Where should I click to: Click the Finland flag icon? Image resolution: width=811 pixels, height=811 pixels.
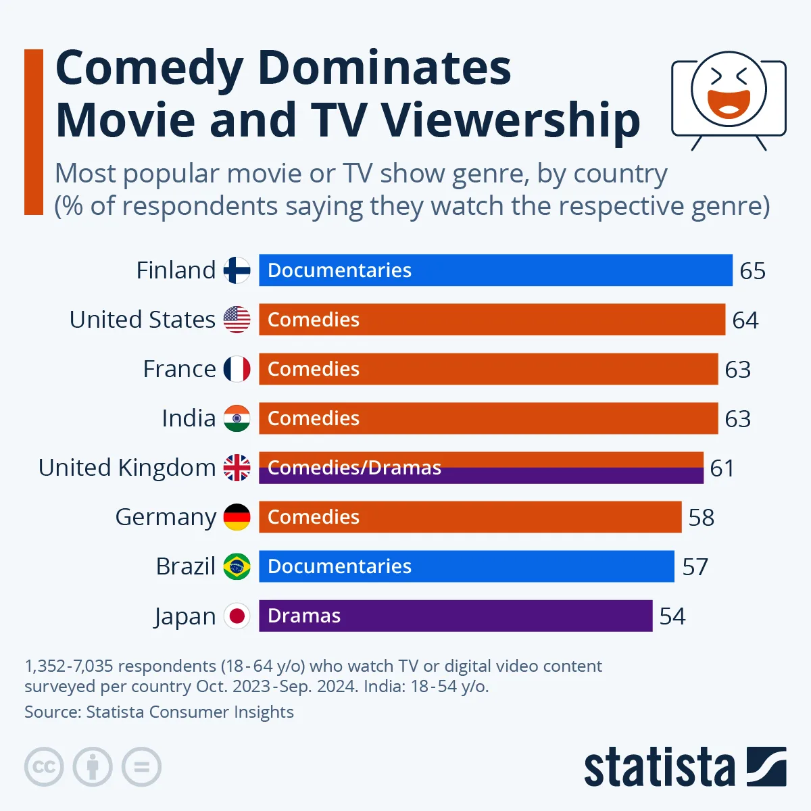[237, 270]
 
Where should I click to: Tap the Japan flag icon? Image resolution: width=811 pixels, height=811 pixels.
[237, 616]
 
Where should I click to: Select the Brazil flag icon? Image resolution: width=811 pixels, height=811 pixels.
[237, 566]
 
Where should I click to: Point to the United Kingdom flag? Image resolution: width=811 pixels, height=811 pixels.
[237, 468]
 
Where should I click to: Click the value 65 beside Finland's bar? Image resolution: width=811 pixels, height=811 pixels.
[752, 271]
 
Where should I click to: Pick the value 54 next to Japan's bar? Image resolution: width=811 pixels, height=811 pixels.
[672, 616]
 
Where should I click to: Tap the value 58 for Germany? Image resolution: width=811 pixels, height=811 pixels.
[701, 518]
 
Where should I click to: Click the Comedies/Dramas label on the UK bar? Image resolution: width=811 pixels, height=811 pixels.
[354, 468]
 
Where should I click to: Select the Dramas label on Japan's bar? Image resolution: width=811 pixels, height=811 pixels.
[304, 616]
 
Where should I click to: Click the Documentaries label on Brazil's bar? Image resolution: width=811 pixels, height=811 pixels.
[339, 566]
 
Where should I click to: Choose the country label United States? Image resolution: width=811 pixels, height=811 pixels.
[142, 320]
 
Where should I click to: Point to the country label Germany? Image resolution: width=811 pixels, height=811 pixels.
[166, 517]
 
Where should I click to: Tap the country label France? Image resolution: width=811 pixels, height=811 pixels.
[179, 369]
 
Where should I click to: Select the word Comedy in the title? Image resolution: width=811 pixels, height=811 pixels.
[149, 68]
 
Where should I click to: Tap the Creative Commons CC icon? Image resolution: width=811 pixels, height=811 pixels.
[44, 767]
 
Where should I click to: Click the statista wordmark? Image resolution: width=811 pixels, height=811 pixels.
[659, 768]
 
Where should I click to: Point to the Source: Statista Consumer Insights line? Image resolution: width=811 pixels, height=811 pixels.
[159, 712]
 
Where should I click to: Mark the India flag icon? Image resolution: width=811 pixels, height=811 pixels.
[237, 418]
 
